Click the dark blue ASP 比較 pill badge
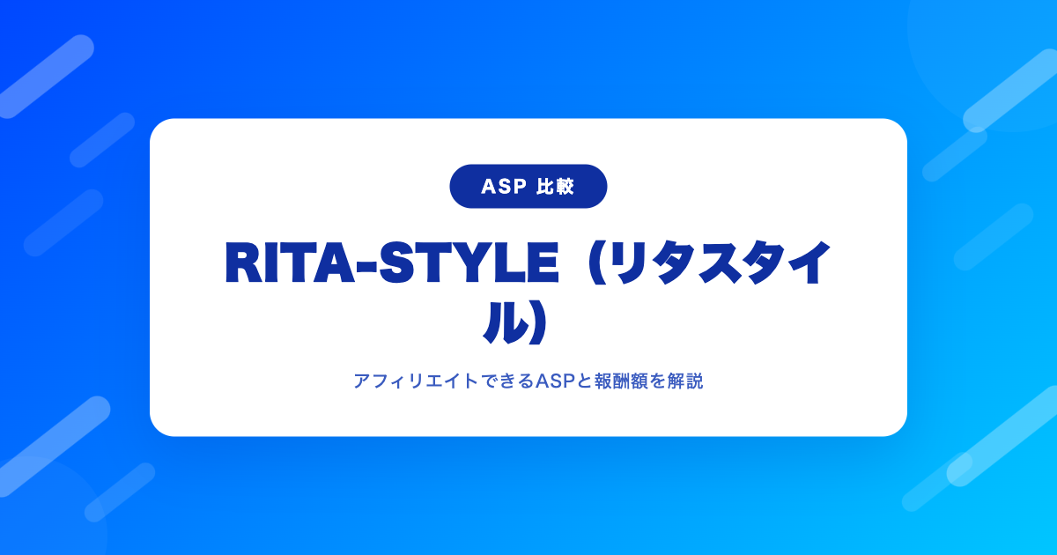528,187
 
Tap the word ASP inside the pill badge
504,187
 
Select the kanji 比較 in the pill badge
556,187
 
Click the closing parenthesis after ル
539,322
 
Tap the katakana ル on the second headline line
506,322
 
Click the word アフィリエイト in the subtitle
416,381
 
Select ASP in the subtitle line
556,381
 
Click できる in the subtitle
506,381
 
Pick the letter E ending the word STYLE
543,263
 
